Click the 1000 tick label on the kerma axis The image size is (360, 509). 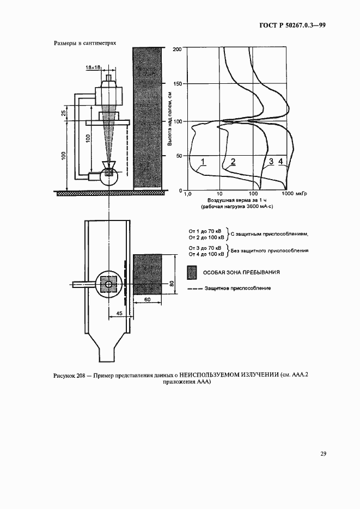pos(288,194)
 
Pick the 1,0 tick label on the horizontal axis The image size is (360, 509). pos(188,194)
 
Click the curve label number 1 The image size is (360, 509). pos(202,162)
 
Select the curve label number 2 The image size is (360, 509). pos(233,162)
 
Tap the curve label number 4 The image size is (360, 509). pos(280,162)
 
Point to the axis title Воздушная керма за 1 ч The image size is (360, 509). pos(235,201)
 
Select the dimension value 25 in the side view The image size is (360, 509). pos(64,113)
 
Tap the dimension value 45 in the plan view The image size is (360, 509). pos(119,313)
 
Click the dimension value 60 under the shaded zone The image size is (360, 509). pos(147,300)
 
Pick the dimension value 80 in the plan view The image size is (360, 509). pos(170,283)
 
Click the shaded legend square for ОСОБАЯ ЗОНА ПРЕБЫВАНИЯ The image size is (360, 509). pos(191,272)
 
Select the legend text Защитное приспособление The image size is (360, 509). pos(237,288)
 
